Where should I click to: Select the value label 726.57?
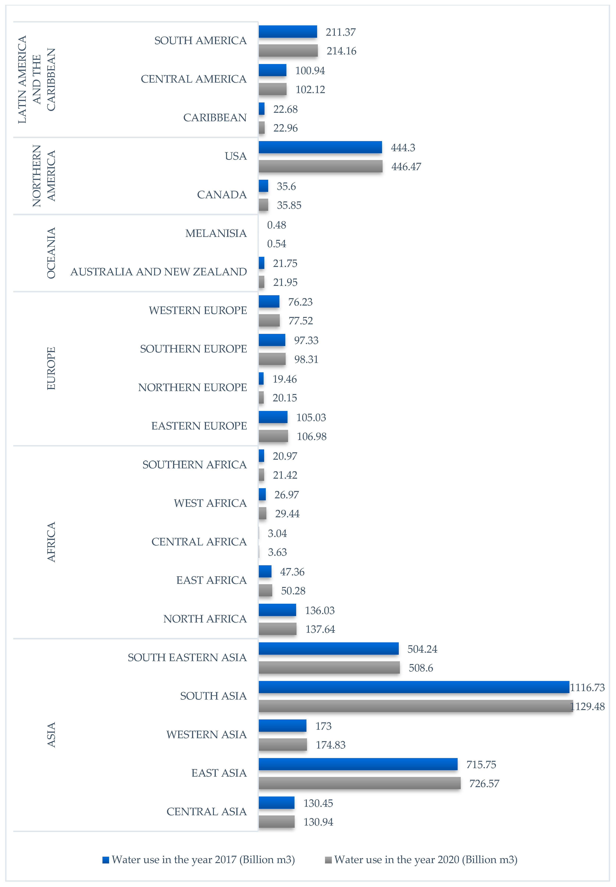(x=484, y=784)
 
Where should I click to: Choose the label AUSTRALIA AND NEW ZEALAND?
(x=158, y=272)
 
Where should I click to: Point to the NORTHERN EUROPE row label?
(x=192, y=387)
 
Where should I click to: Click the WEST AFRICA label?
(x=210, y=503)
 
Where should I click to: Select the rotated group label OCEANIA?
(x=51, y=253)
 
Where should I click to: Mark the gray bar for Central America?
(x=272, y=89)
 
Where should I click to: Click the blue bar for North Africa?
(x=277, y=610)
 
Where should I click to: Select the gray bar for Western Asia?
(x=283, y=745)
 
